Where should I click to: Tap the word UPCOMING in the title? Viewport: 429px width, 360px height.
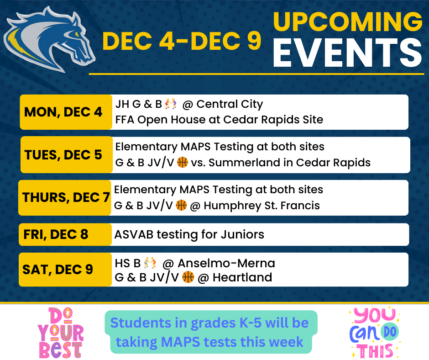coord(348,22)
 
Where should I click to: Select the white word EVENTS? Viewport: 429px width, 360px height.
coord(347,53)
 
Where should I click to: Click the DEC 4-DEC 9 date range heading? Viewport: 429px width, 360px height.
coord(182,41)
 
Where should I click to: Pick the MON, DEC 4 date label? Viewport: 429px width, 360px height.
coord(63,112)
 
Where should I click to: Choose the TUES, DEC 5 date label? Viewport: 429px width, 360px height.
coord(63,155)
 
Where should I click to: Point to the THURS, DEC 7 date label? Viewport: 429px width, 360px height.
coord(66,197)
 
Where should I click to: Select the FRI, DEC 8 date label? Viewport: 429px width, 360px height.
coord(56,234)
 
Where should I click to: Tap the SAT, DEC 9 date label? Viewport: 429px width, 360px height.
coord(58,270)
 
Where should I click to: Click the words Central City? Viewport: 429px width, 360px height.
coord(230,104)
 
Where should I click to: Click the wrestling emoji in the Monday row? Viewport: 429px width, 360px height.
coord(170,104)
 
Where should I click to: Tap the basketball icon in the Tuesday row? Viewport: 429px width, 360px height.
coord(183,162)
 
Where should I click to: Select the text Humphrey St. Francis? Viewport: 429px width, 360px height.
coord(262,206)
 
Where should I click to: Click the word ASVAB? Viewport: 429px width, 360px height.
coord(134,234)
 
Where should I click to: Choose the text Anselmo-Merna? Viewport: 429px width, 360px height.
coord(226,263)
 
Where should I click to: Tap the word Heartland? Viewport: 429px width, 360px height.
coord(242,277)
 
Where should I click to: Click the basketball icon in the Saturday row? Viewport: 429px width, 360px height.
coord(188,277)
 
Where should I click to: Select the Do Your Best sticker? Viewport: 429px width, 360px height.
coord(60,333)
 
